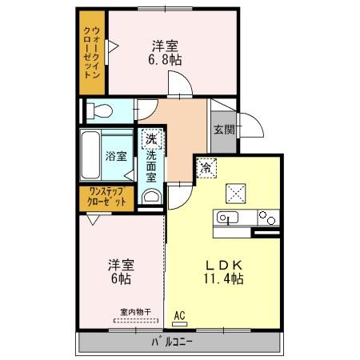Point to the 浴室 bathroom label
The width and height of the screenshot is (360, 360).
click(x=116, y=156)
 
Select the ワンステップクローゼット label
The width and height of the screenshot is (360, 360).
click(x=107, y=197)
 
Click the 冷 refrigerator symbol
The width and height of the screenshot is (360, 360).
click(x=206, y=168)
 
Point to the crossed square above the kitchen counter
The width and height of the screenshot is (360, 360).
click(x=236, y=193)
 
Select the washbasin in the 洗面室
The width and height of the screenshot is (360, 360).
click(x=150, y=196)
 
